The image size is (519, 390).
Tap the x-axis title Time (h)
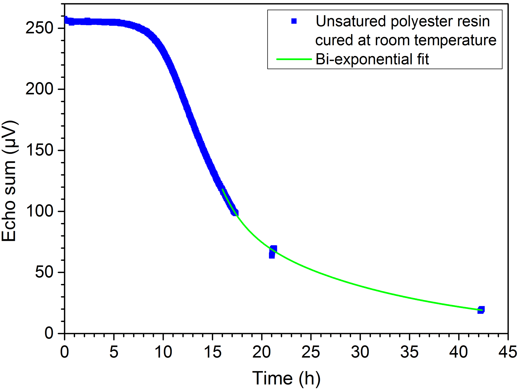click(286, 378)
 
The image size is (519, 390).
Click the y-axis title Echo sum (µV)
click(10, 181)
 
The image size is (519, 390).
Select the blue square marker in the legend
click(294, 21)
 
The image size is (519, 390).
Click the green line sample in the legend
click(294, 59)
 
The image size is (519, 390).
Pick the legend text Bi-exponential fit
click(372, 59)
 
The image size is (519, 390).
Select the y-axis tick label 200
click(39, 89)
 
